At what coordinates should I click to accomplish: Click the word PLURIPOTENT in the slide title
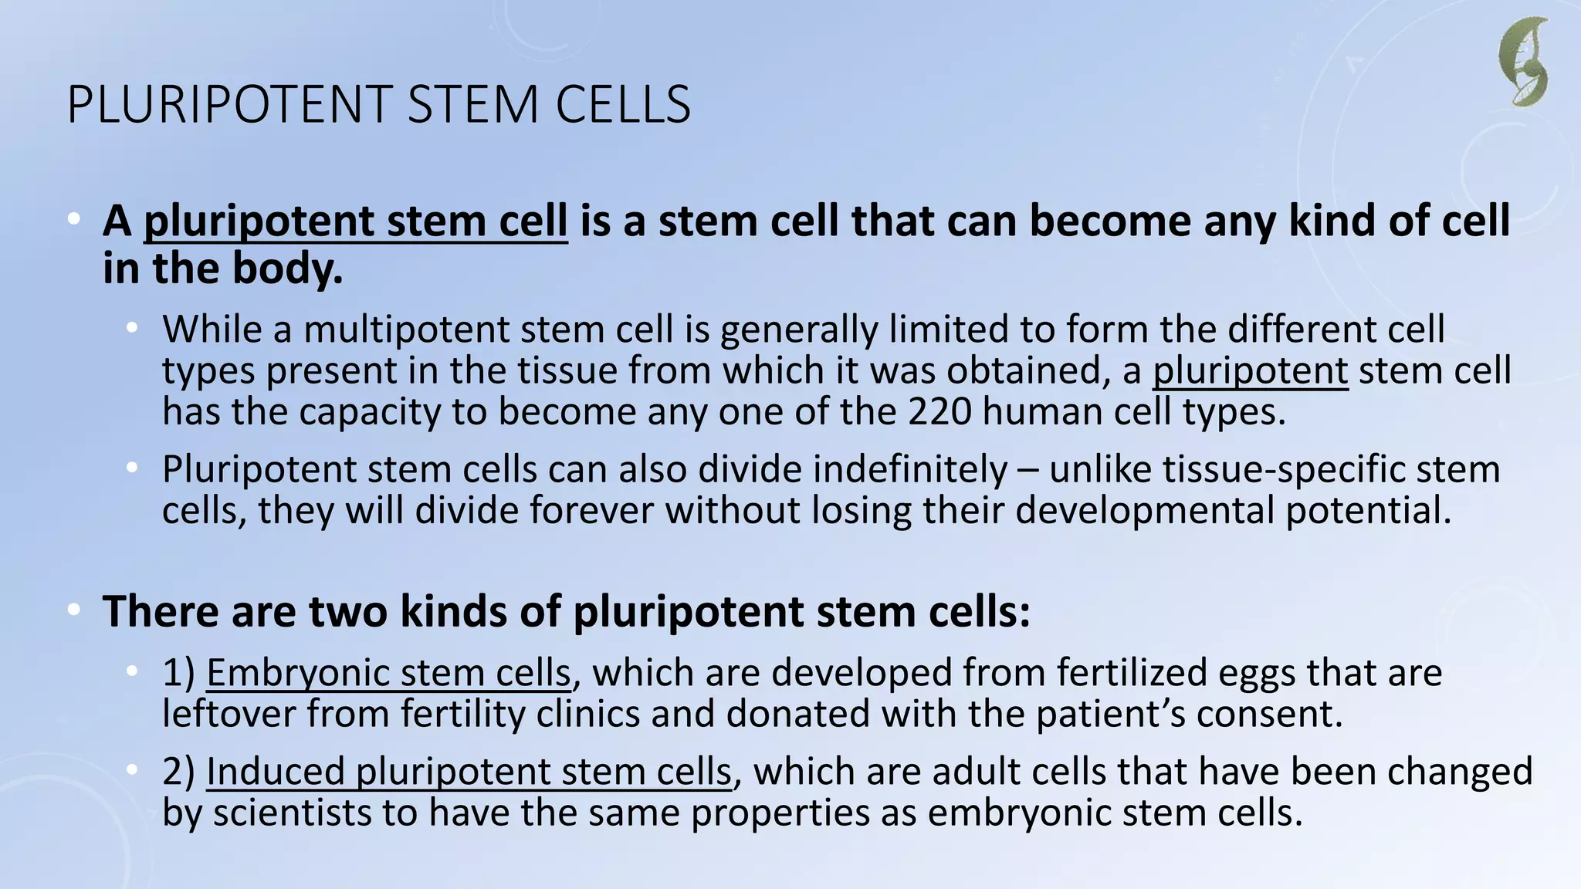tap(231, 105)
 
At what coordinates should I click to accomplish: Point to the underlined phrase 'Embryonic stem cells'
tap(388, 672)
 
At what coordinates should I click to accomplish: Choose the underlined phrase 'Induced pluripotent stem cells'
tap(468, 772)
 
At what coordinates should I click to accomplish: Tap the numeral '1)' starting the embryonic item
tap(178, 672)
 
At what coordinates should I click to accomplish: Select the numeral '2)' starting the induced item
tap(178, 772)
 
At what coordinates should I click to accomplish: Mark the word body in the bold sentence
tap(298, 269)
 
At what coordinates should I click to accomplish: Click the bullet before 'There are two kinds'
tap(74, 610)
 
